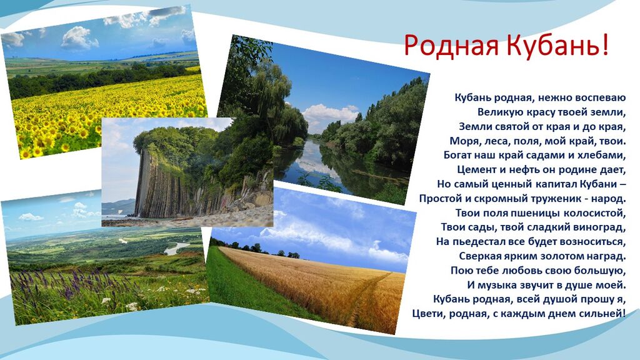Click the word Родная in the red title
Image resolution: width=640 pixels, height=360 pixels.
click(451, 46)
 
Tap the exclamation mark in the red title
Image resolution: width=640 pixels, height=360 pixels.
click(604, 44)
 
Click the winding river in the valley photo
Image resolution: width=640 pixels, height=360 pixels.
click(177, 247)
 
